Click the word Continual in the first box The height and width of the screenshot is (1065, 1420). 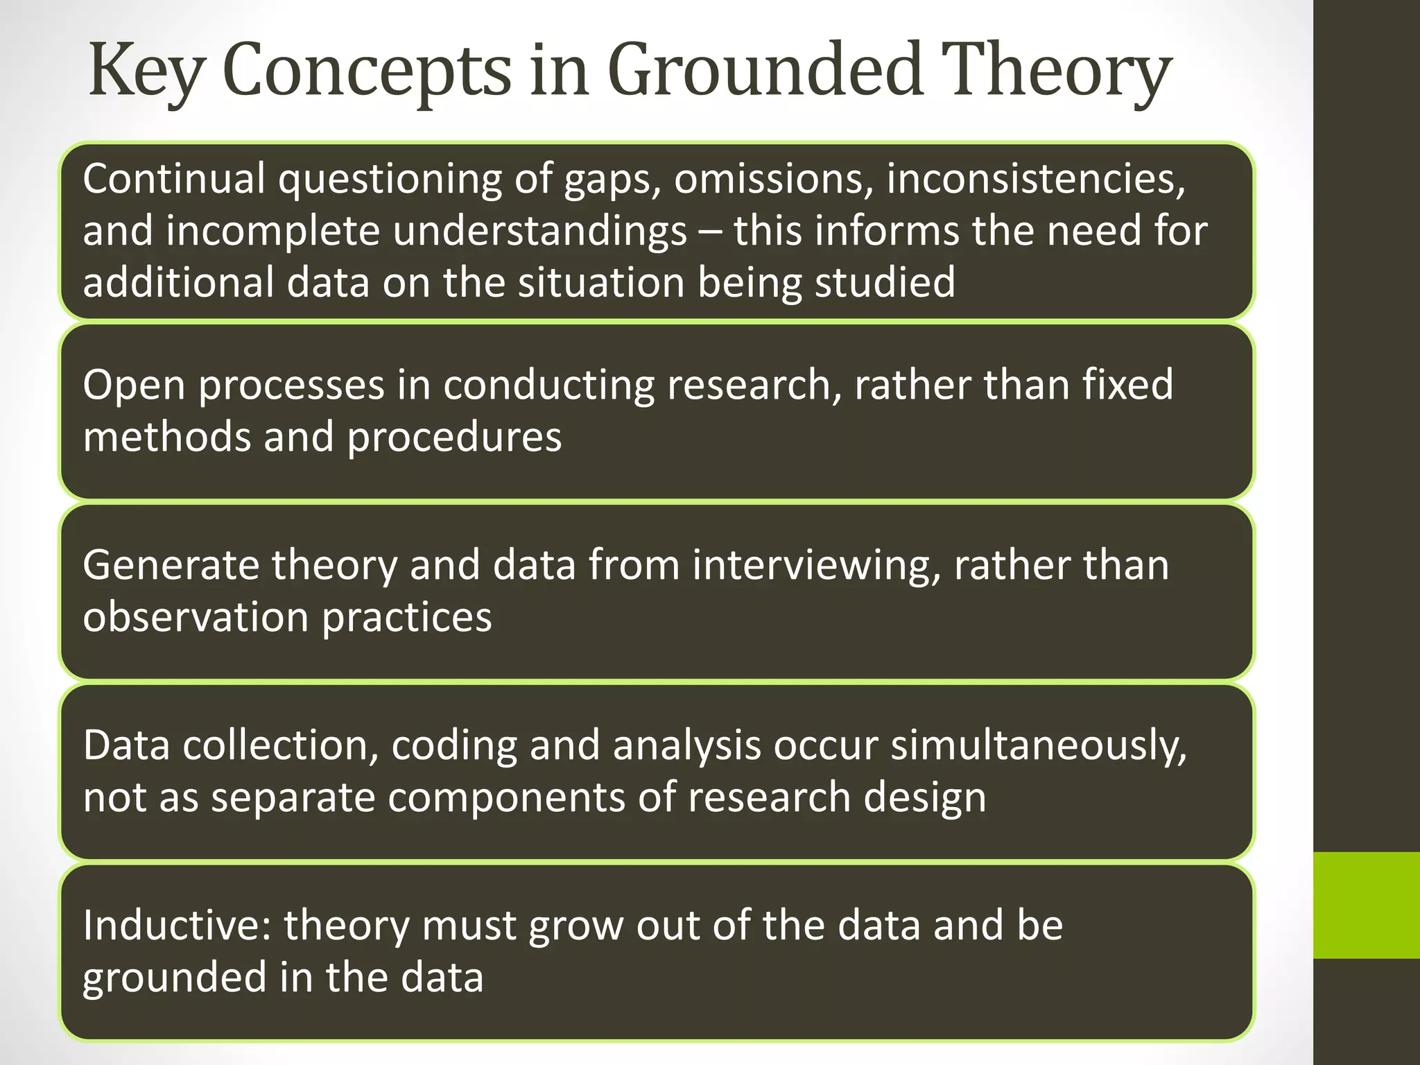(174, 179)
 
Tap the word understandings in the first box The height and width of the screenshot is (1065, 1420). (540, 231)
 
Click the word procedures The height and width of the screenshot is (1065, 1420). (454, 438)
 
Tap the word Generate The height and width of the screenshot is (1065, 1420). (171, 565)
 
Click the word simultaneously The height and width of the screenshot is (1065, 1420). (1038, 745)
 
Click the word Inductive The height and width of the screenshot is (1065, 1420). (177, 926)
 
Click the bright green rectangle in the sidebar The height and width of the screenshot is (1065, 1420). (1366, 905)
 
